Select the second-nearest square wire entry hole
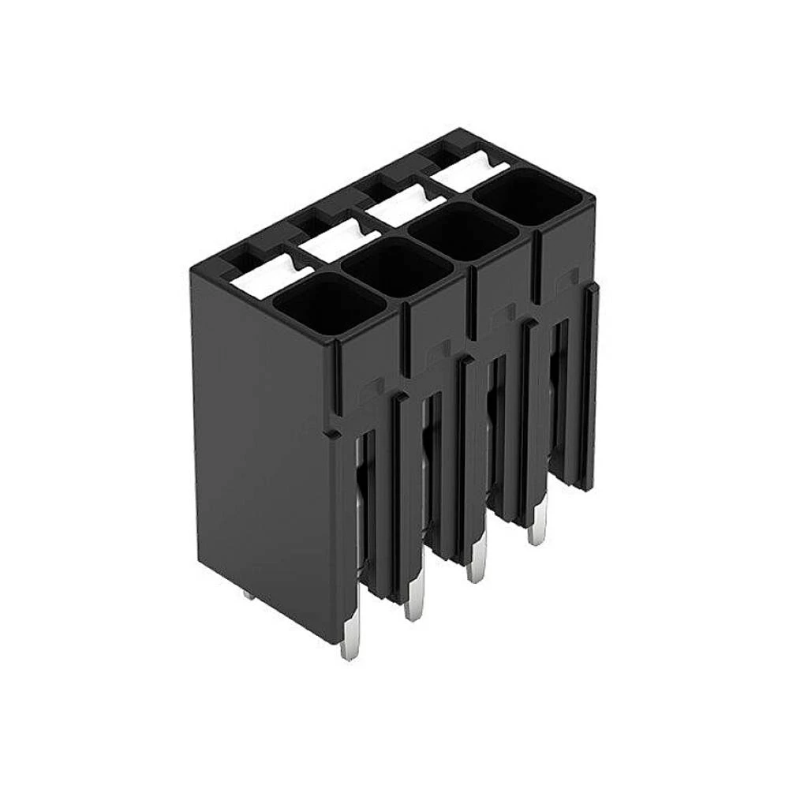tap(397, 264)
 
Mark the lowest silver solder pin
tap(346, 643)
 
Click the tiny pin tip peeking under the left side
tap(250, 596)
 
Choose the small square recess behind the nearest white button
tap(242, 258)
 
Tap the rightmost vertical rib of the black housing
tap(591, 387)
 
